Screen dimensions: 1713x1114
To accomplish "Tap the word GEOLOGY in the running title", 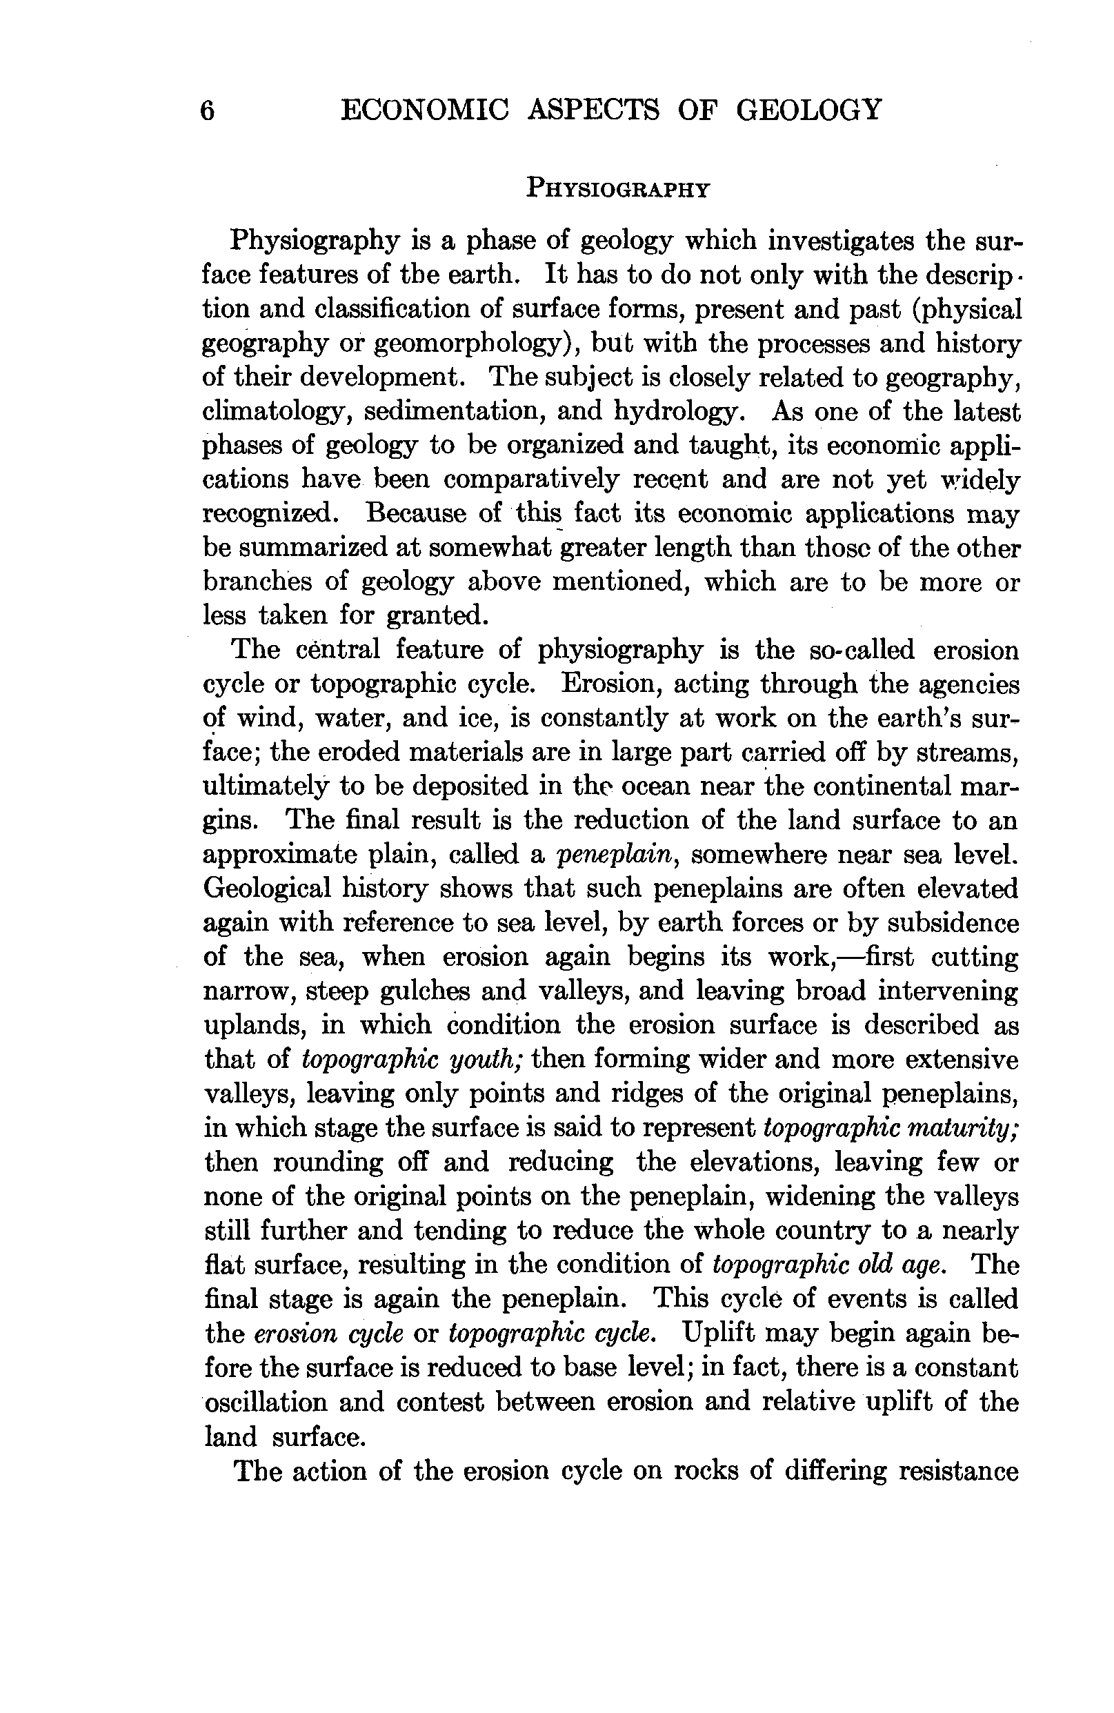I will click(809, 110).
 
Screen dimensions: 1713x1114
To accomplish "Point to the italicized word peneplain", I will click(619, 855).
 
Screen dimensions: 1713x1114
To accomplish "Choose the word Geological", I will click(268, 889).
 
